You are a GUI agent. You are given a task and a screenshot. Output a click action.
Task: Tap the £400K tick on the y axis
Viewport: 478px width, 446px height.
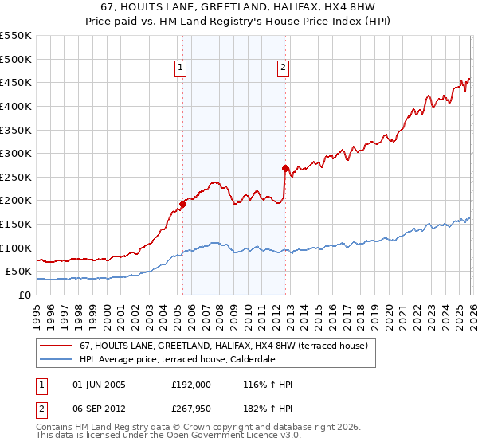pyautogui.click(x=16, y=106)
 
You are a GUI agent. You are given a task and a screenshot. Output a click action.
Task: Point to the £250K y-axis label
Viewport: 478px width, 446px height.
pyautogui.click(x=16, y=177)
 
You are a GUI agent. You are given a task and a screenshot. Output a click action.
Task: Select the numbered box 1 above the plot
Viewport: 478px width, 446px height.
pyautogui.click(x=182, y=68)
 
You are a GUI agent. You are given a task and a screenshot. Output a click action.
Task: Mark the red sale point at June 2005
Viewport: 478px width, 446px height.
pyautogui.click(x=182, y=204)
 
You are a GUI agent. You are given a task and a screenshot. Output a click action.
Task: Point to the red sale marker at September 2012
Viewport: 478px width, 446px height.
pyautogui.click(x=284, y=168)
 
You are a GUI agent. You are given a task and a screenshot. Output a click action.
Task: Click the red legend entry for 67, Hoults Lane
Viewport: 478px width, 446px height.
pyautogui.click(x=223, y=346)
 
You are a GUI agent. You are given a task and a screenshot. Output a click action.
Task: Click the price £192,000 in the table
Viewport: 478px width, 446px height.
pyautogui.click(x=190, y=385)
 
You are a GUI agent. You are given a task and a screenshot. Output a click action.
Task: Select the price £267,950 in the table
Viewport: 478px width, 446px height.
pyautogui.click(x=190, y=409)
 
